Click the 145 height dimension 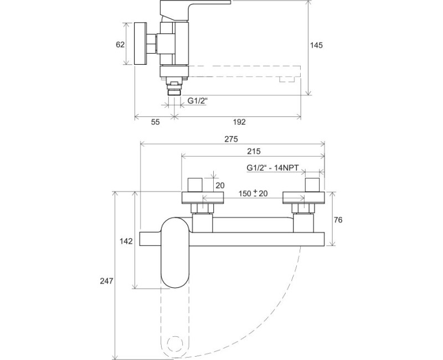click(x=317, y=45)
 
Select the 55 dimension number click(x=155, y=122)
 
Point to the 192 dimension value click(x=239, y=122)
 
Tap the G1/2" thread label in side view click(x=197, y=101)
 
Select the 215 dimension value click(x=253, y=151)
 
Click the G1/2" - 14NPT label click(x=272, y=167)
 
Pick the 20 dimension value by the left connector click(x=220, y=186)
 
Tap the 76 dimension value click(x=338, y=219)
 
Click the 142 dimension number click(x=126, y=240)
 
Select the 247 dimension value click(x=107, y=281)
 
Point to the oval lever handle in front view click(x=174, y=252)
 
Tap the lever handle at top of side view click(x=194, y=8)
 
